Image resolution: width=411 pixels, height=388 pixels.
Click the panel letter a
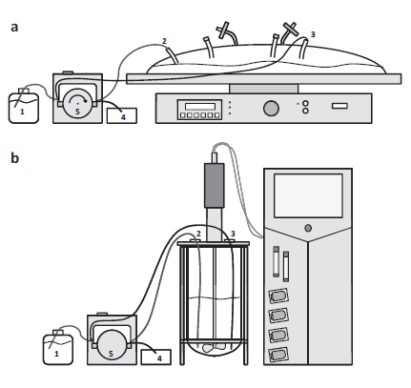click(14, 28)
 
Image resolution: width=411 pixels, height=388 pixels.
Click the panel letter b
click(14, 157)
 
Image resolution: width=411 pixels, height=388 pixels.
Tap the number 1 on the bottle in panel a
click(22, 112)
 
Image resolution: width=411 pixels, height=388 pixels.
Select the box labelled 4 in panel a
click(122, 115)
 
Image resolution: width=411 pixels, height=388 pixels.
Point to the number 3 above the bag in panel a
click(313, 34)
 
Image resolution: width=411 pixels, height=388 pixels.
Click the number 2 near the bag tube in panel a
click(164, 41)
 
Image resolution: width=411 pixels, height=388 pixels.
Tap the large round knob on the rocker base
click(271, 109)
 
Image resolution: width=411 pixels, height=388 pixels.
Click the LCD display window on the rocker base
click(200, 106)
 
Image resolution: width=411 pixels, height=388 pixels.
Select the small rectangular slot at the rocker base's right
click(339, 106)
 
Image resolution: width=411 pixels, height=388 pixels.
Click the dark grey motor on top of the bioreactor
click(215, 186)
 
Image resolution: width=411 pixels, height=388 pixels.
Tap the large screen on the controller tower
click(308, 195)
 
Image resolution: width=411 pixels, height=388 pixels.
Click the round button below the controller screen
click(308, 228)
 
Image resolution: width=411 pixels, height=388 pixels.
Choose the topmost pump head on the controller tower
click(278, 296)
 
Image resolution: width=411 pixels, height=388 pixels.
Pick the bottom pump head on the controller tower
click(278, 355)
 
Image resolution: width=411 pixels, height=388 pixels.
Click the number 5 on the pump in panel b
click(111, 354)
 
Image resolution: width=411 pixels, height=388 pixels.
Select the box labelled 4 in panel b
click(155, 357)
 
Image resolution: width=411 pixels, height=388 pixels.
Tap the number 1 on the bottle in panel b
click(56, 354)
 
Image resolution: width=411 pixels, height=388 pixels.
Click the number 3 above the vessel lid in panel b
click(233, 234)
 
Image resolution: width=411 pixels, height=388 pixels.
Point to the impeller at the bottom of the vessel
click(214, 348)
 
